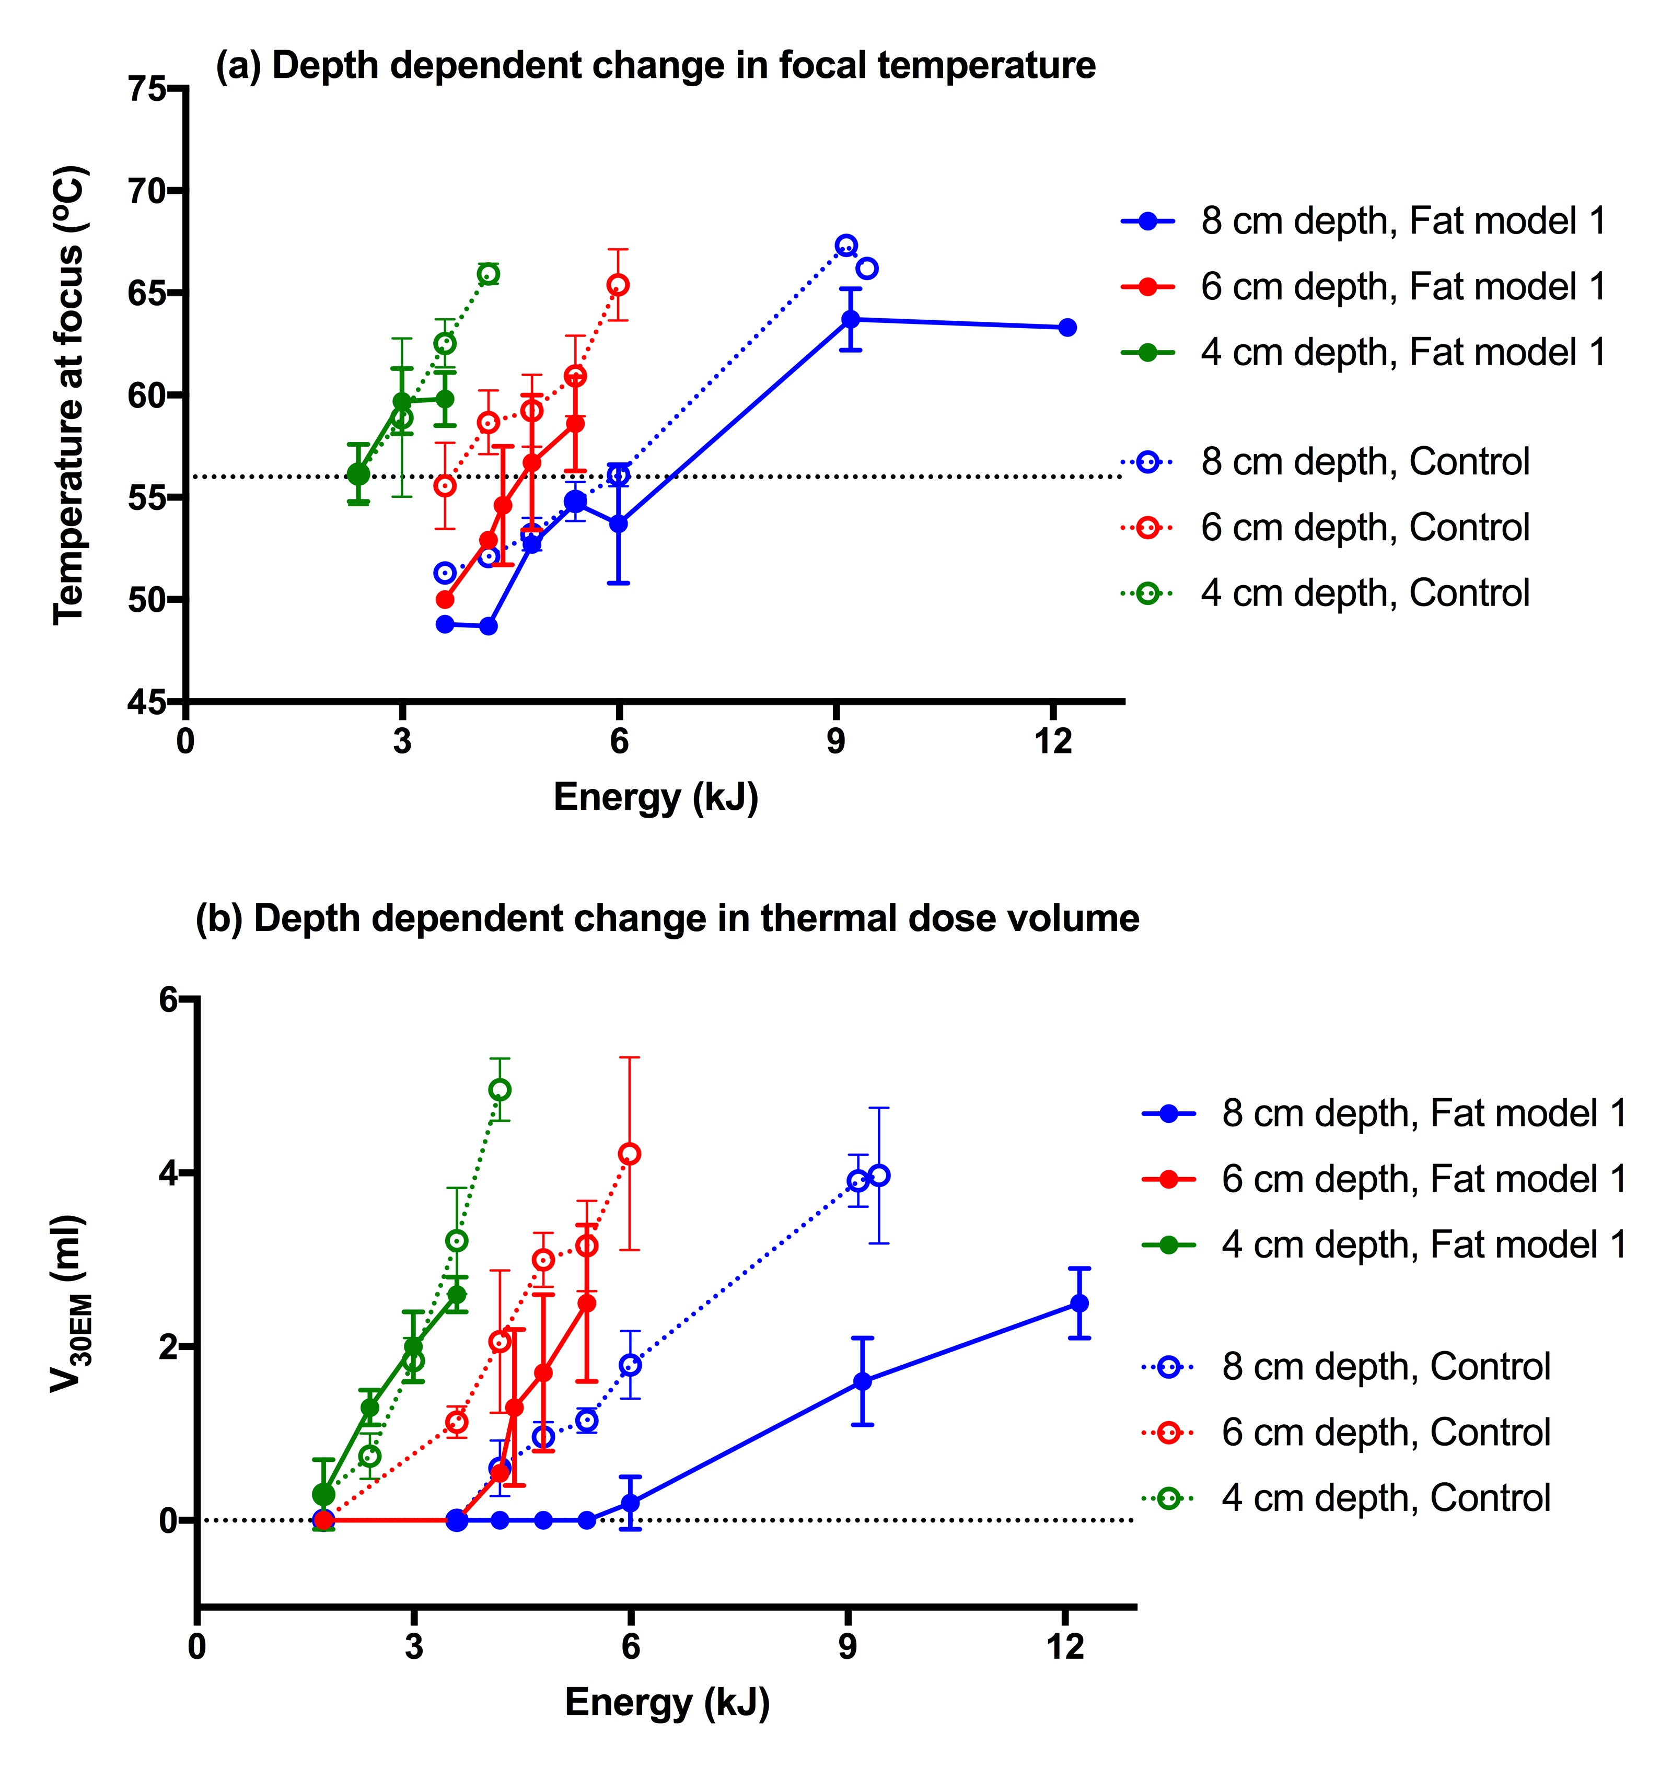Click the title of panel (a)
point(655,65)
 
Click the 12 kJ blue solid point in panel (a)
point(1067,328)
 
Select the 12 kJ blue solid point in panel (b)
point(1079,1303)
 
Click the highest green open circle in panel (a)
point(489,274)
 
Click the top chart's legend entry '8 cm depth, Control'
point(1365,462)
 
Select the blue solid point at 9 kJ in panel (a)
point(850,319)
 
